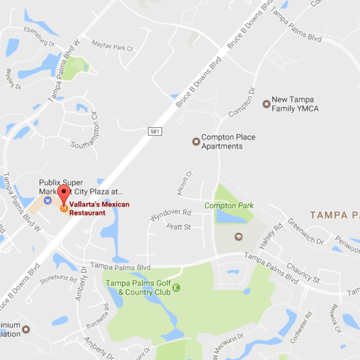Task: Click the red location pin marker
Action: (64, 192)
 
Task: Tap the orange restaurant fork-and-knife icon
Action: (64, 207)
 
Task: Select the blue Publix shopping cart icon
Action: (48, 200)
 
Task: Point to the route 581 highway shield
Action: (155, 131)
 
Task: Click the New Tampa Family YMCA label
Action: (295, 104)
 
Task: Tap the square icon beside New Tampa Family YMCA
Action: (266, 104)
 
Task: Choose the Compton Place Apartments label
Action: (228, 142)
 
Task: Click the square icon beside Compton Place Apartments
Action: (196, 141)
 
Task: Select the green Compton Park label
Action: (229, 205)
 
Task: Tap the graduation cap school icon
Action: (238, 237)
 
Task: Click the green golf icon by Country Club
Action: (176, 288)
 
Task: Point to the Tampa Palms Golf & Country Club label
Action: (138, 288)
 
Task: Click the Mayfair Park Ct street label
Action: (112, 45)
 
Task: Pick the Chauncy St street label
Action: (303, 273)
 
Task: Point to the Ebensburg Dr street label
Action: (39, 36)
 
